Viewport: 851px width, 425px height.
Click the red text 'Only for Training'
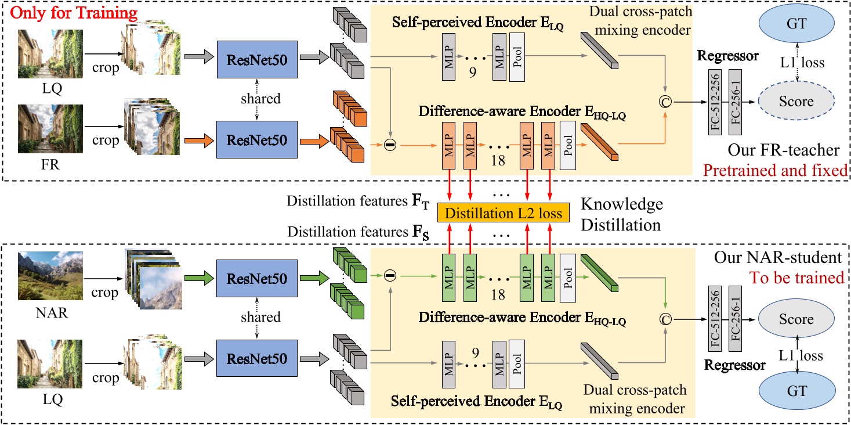70,12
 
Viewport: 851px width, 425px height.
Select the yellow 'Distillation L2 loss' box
503,213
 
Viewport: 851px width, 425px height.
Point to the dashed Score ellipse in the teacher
796,101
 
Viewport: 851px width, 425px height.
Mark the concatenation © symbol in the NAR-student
665,319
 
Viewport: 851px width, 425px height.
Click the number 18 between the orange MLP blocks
497,160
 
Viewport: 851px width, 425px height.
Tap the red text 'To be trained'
798,278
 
